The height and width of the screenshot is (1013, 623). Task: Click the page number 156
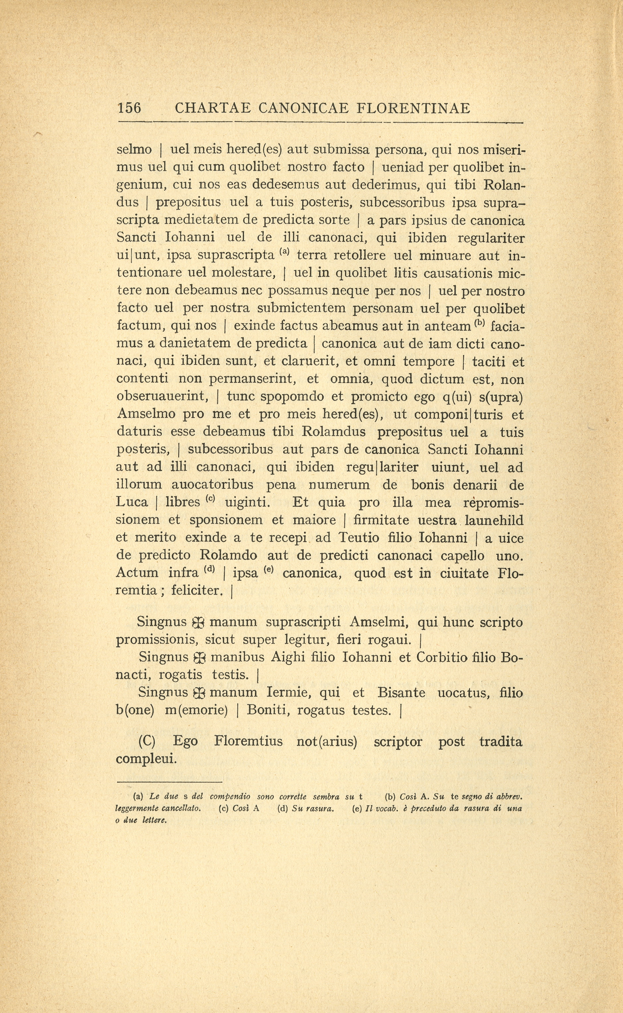point(129,108)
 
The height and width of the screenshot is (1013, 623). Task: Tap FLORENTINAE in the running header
point(413,108)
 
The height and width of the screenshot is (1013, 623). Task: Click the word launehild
point(494,521)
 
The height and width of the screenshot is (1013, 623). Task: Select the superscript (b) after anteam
point(479,323)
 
